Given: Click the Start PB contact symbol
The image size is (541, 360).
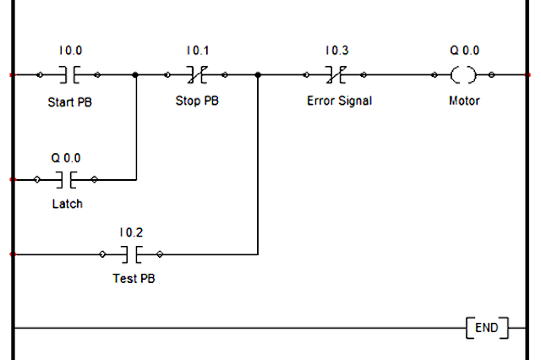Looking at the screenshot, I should coord(69,75).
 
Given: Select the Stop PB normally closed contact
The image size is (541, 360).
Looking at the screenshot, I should coord(196,75).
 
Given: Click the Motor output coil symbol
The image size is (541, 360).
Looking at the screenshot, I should coord(463,75).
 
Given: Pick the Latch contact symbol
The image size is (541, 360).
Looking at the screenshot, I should coord(66,179).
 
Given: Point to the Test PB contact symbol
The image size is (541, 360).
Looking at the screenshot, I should coord(130,254).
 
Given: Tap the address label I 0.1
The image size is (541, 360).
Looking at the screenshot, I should coord(196,51).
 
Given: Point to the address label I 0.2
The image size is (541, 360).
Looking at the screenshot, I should coord(130,231).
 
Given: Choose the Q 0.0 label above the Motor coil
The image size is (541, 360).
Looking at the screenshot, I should coord(464,51).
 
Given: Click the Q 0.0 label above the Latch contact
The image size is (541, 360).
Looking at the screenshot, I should coord(66,156).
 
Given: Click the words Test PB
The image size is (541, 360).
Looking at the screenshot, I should coord(134,278).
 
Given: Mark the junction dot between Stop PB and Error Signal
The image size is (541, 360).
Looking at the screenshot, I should coord(258,75).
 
